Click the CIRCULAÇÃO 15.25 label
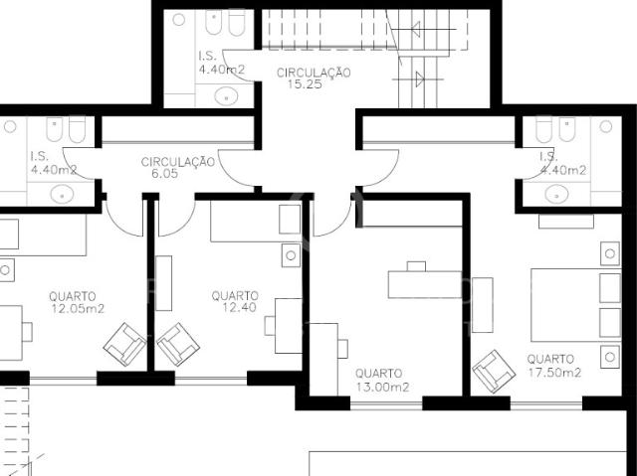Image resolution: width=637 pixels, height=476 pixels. pyautogui.click(x=315, y=79)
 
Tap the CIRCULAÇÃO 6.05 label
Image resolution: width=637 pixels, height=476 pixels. pyautogui.click(x=178, y=167)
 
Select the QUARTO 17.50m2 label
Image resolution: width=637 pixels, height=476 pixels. pyautogui.click(x=554, y=366)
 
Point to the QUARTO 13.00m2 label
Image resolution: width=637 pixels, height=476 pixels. pyautogui.click(x=382, y=381)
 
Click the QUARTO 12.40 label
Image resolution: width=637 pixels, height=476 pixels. pyautogui.click(x=235, y=302)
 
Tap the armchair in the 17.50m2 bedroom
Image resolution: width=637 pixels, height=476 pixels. pyautogui.click(x=493, y=371)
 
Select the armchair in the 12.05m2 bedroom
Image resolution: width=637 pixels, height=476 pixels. pyautogui.click(x=125, y=344)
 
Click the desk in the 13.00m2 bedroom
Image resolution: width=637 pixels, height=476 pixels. pyautogui.click(x=424, y=282)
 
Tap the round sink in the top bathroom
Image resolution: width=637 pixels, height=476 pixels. pyautogui.click(x=228, y=96)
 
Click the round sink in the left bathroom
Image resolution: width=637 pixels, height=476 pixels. pyautogui.click(x=63, y=194)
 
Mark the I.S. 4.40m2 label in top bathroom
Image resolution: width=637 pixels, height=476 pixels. pyautogui.click(x=221, y=63)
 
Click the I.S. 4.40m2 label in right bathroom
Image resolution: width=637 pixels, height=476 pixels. pyautogui.click(x=562, y=164)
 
